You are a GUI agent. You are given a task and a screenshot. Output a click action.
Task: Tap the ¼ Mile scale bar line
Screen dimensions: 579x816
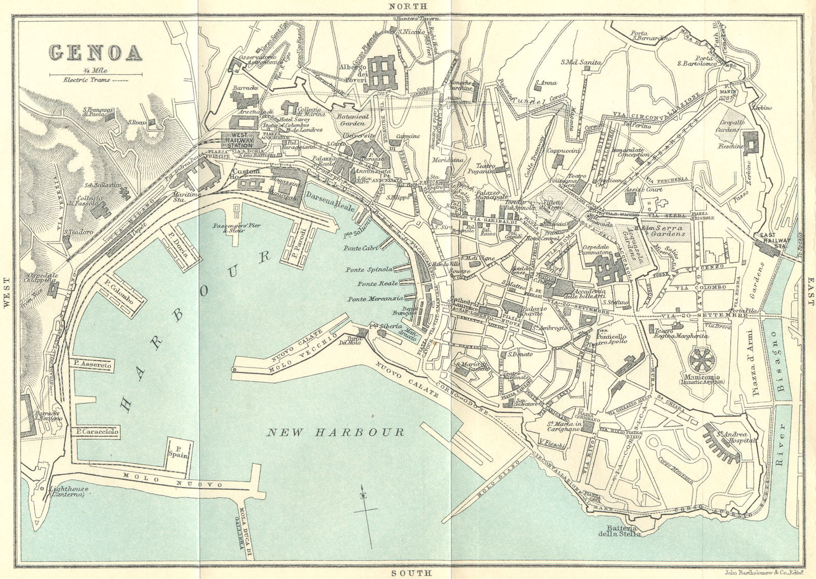[x=95, y=75]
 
